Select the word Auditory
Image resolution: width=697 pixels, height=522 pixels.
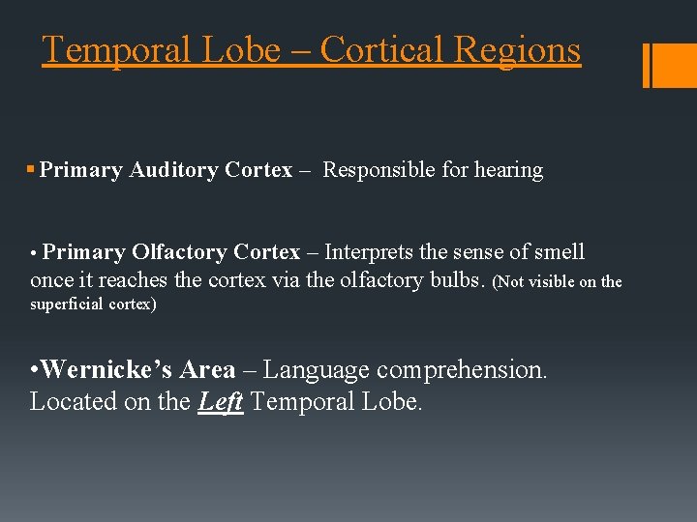173,170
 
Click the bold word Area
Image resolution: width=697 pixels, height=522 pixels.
208,370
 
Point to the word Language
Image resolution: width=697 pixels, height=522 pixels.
316,370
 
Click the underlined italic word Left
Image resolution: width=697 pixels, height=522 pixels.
221,401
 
